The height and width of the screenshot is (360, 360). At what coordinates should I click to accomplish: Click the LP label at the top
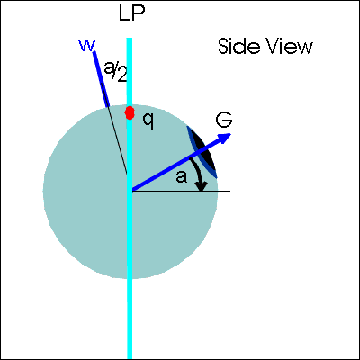132,13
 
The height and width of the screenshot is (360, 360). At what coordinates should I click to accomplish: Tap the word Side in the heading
235,47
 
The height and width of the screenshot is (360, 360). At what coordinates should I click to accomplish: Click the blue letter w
86,45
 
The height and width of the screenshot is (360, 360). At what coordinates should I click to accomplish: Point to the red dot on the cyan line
130,112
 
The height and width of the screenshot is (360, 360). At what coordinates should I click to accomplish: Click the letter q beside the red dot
148,121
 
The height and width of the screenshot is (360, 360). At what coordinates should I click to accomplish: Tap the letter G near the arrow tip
224,120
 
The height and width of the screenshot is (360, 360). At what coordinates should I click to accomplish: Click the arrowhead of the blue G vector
225,138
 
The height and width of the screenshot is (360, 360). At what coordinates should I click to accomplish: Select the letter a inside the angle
182,177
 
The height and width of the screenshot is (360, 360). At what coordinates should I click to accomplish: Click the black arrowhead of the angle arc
202,186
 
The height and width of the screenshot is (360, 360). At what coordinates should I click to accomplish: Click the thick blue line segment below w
101,79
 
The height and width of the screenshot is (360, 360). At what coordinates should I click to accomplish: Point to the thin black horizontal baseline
181,191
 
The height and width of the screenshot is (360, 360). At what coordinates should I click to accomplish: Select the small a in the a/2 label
108,68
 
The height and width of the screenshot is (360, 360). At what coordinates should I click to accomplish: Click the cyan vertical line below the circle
130,319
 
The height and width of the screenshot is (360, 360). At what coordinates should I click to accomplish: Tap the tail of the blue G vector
132,190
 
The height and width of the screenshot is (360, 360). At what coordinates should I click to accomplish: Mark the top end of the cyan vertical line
130,39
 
